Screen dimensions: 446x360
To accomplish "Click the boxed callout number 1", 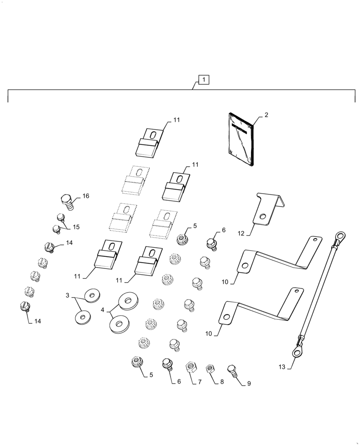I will pos(203,80).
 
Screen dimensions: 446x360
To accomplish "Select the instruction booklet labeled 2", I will pos(241,139).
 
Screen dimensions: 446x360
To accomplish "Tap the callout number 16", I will pos(86,196).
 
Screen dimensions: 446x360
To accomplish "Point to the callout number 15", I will pos(76,227).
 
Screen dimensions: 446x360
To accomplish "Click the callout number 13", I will pos(282,367).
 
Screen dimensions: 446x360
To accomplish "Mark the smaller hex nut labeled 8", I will pos(209,369).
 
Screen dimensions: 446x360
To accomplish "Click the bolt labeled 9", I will pos(232,370).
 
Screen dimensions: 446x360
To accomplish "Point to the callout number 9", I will pos(249,384).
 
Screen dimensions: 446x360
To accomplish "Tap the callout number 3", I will pos(68,295).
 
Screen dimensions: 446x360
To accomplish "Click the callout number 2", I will pos(266,115).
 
